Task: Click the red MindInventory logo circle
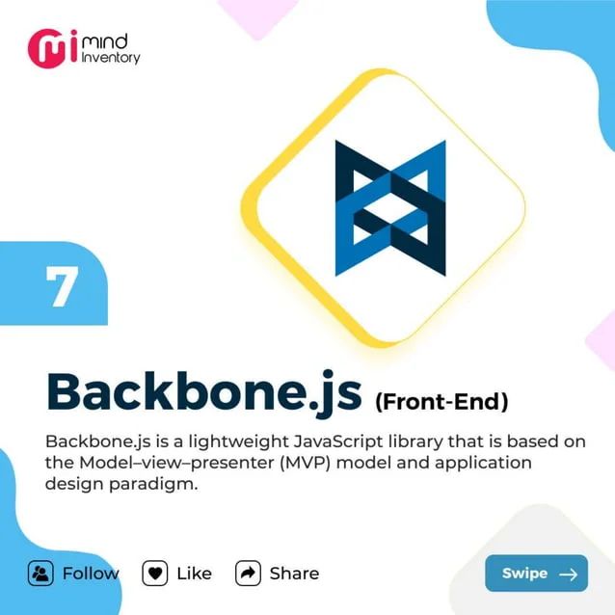(45, 48)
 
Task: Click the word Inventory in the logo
(112, 58)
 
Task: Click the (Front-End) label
(441, 398)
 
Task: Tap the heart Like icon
(155, 573)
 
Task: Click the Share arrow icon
(249, 573)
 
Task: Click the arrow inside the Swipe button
(568, 574)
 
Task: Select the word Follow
(91, 573)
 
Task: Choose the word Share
(294, 573)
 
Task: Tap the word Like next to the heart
(194, 573)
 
